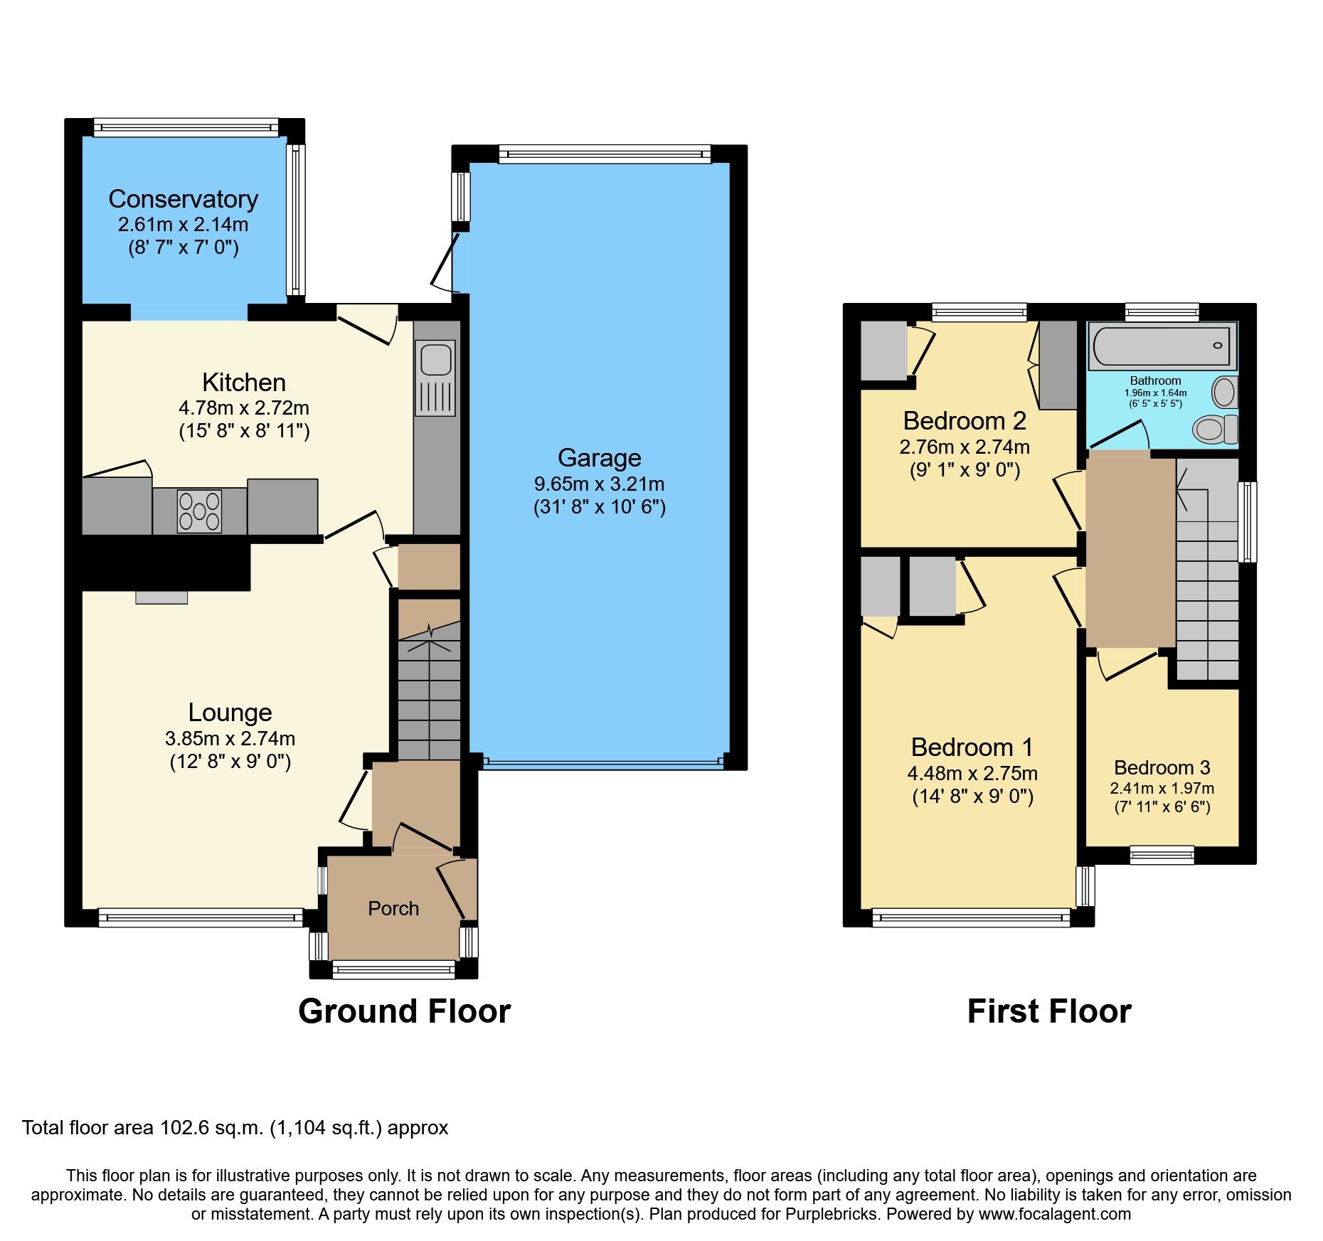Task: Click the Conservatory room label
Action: [183, 199]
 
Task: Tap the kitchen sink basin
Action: [436, 359]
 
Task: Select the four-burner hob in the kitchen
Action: [200, 511]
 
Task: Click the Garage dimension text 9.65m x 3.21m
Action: [599, 484]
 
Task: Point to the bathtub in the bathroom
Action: [1162, 346]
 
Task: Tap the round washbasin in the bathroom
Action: [1224, 392]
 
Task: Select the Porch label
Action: [393, 908]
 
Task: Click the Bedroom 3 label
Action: [1162, 767]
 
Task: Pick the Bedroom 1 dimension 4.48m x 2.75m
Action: [972, 773]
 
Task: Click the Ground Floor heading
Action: [404, 1011]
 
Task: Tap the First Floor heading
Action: [1048, 1011]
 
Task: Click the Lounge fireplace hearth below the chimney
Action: [161, 597]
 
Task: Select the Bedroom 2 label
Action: [964, 420]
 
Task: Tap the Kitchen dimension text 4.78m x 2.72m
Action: [243, 408]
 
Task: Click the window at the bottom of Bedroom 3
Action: [1162, 854]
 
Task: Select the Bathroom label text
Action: [1155, 380]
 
